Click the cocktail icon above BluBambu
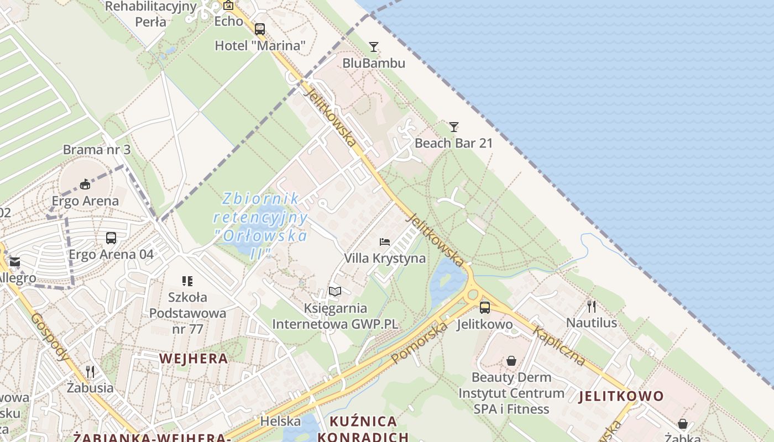coord(374,46)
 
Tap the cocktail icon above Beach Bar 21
coord(454,127)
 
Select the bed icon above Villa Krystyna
coord(385,241)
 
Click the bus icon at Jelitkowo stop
coord(485,307)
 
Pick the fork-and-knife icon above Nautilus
coord(592,306)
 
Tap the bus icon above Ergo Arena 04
coord(111,238)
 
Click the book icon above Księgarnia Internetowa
coord(335,291)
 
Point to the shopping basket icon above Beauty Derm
coord(511,361)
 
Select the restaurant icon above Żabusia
coord(90,371)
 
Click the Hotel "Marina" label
coord(260,45)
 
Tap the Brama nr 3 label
coord(97,150)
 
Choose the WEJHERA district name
coord(193,358)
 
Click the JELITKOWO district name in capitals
coord(621,396)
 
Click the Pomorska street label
coord(419,343)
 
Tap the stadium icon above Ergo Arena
coord(85,184)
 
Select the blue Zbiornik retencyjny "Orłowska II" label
coord(260,225)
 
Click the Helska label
coord(280,421)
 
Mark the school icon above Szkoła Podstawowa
coord(187,281)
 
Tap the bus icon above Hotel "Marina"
coord(260,29)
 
